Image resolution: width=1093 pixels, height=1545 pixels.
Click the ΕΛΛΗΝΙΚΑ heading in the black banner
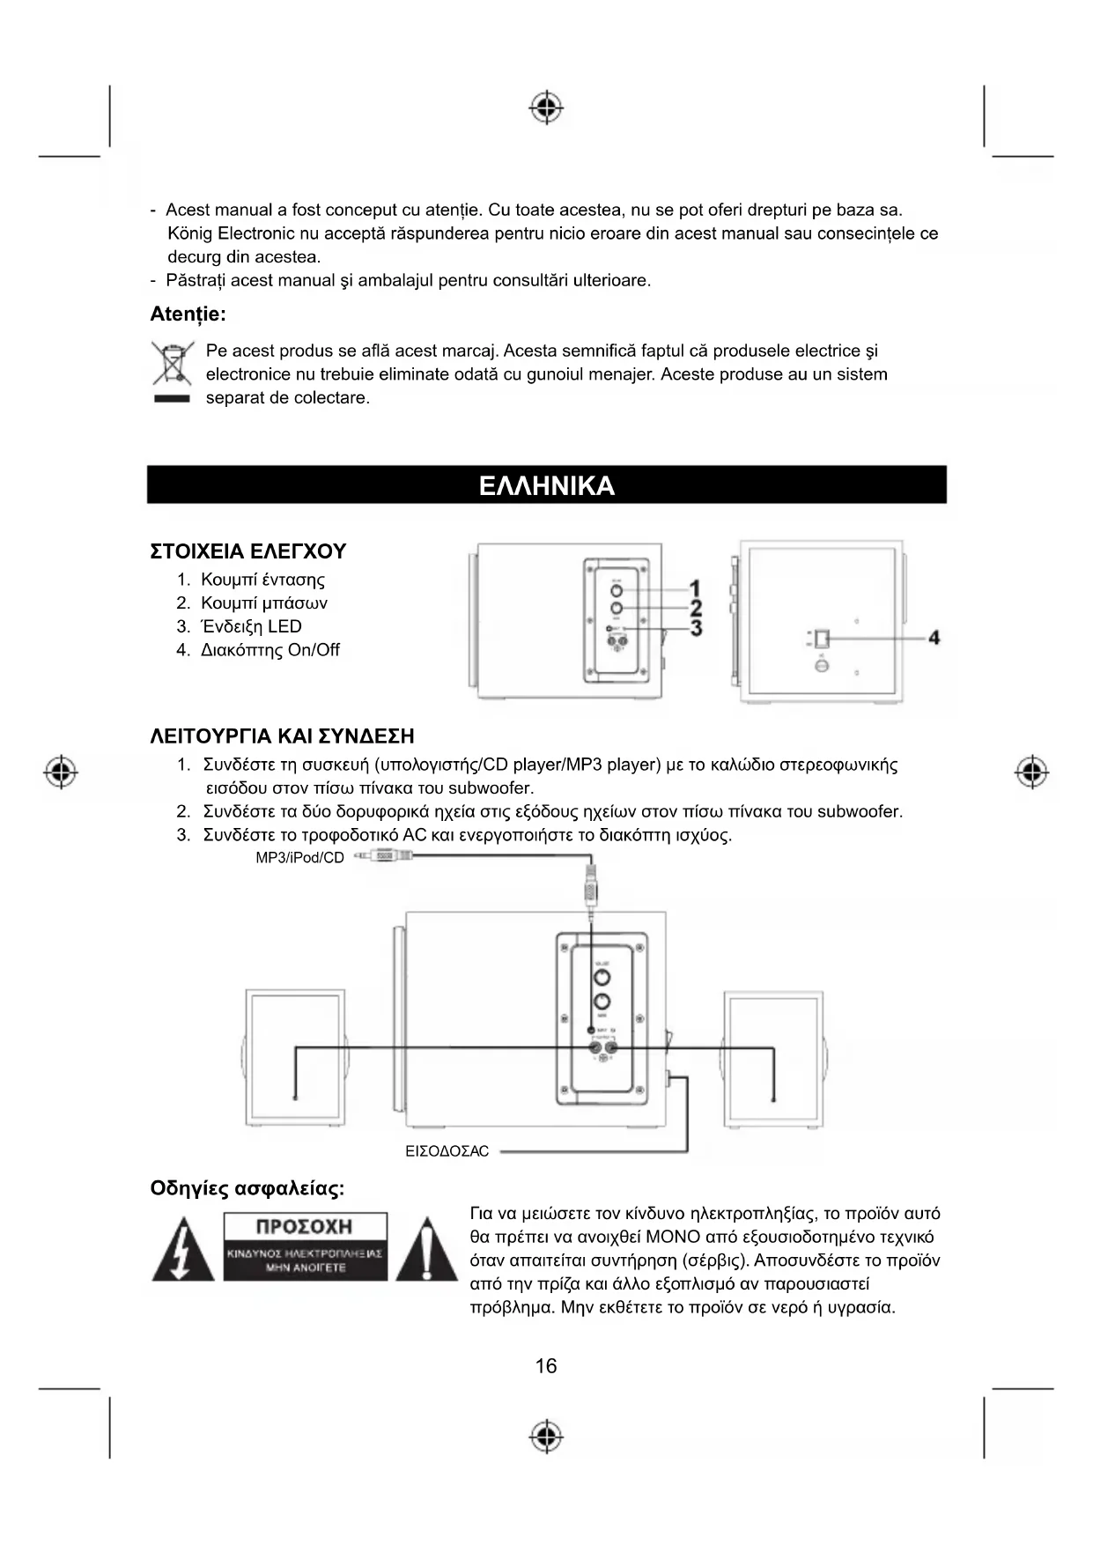[x=546, y=486]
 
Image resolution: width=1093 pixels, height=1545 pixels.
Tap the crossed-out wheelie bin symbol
[x=172, y=363]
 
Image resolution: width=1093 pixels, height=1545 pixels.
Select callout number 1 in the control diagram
[x=696, y=588]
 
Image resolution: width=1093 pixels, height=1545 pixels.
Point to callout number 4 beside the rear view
[x=934, y=637]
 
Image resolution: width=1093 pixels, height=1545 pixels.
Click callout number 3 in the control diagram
[x=696, y=628]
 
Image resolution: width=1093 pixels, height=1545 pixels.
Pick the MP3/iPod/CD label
[x=299, y=858]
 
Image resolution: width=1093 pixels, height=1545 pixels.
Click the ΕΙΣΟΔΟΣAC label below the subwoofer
[x=447, y=1151]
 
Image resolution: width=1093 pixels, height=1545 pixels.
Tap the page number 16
[x=546, y=1366]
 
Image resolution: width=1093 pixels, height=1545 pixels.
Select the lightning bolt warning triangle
[x=182, y=1251]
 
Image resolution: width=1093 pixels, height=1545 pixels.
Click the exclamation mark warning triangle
[x=426, y=1251]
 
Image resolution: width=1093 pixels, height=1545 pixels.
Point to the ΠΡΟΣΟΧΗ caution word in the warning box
[x=305, y=1227]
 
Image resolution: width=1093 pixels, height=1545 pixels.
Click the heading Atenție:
[x=188, y=314]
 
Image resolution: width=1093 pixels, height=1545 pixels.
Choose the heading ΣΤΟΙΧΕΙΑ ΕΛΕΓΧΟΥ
[x=248, y=552]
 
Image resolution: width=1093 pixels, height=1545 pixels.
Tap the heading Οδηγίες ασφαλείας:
[x=247, y=1189]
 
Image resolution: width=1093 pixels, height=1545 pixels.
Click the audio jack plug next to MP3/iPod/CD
[x=386, y=856]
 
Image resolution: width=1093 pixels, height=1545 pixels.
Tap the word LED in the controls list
[x=284, y=627]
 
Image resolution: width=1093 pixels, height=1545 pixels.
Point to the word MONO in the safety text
[x=673, y=1238]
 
